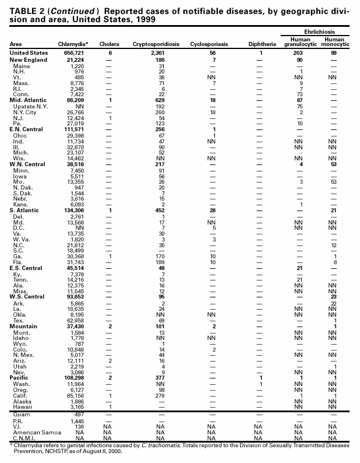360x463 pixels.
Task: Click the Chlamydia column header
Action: point(73,44)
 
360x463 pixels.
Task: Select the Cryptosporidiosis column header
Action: point(156,44)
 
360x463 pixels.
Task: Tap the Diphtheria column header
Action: point(262,44)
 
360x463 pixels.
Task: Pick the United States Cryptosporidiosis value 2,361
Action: point(158,52)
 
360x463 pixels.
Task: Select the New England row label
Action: point(28,60)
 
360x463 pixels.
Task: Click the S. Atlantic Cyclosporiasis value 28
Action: point(212,210)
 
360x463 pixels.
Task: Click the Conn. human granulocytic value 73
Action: point(299,94)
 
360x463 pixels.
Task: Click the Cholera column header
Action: point(110,44)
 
